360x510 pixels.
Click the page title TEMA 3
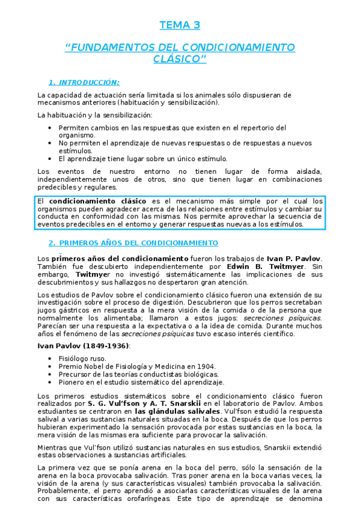coord(180,25)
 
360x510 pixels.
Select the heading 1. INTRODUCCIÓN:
coord(84,82)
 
